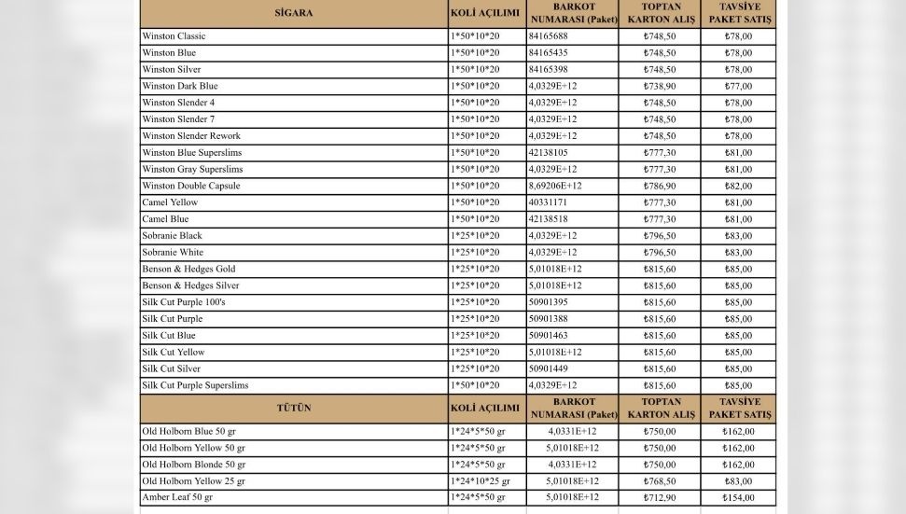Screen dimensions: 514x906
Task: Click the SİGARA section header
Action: point(294,14)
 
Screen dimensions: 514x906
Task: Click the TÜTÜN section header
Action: point(294,409)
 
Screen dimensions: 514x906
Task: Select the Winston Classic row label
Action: point(174,36)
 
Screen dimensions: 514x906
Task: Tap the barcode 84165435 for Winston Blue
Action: point(549,53)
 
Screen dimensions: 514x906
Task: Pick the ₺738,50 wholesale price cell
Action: point(660,86)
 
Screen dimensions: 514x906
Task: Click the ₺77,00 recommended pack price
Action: point(738,86)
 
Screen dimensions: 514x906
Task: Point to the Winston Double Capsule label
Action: point(191,186)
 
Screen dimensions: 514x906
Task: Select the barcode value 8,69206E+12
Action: point(555,186)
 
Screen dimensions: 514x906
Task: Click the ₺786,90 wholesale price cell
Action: point(660,186)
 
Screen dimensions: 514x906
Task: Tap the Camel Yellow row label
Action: point(170,202)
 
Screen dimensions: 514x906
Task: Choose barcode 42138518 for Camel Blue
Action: point(549,219)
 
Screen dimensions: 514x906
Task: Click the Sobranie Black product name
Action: point(173,236)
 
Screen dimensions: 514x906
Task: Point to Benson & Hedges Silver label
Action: point(190,285)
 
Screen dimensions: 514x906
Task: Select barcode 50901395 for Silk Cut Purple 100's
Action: point(549,302)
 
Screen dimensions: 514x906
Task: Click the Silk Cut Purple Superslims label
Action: point(195,385)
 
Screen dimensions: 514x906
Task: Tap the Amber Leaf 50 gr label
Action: point(177,498)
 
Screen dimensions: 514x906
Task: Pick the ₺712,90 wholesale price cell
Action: point(660,498)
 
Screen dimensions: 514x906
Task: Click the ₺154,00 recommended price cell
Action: point(738,498)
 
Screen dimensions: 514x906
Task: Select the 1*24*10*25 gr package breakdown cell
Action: point(481,481)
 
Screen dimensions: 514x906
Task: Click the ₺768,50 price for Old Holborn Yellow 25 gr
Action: point(660,481)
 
